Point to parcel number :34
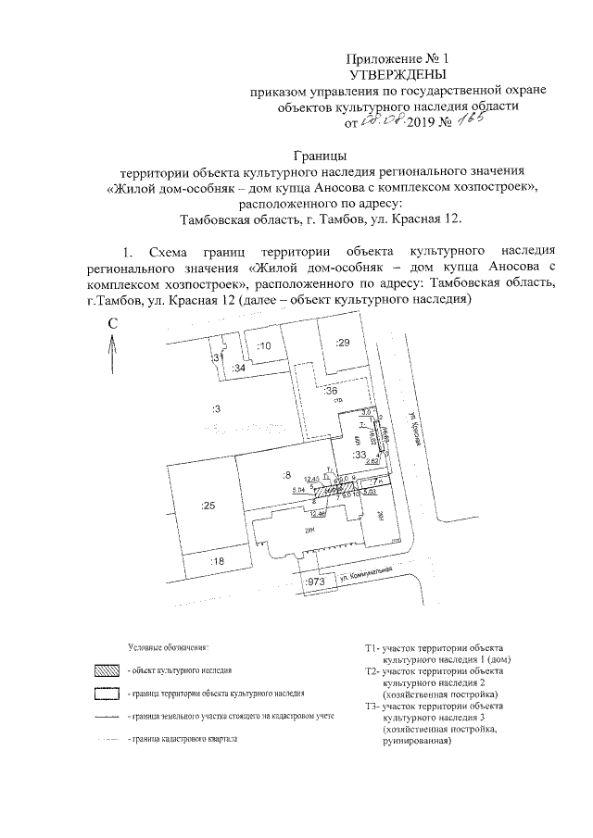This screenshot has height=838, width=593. pyautogui.click(x=238, y=369)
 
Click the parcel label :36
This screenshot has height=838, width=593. pyautogui.click(x=331, y=392)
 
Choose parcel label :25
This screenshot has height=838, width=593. pyautogui.click(x=208, y=506)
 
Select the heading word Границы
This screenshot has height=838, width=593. pyautogui.click(x=320, y=155)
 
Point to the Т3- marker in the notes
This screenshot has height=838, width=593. pyautogui.click(x=373, y=707)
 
